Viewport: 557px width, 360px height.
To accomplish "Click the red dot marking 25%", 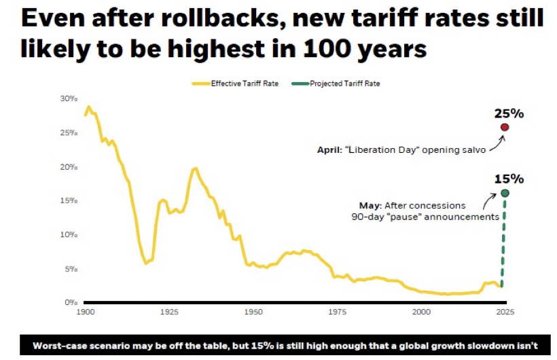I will (505, 127).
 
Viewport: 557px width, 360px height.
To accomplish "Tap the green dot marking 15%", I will (505, 193).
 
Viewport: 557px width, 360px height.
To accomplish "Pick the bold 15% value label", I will (508, 179).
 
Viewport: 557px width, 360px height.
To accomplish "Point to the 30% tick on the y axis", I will (69, 98).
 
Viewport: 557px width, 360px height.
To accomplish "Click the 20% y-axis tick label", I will (69, 166).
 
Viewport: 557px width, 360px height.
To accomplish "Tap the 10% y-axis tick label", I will (69, 234).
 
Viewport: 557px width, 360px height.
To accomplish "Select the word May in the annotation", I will (370, 205).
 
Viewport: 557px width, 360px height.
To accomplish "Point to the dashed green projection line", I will (503, 245).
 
